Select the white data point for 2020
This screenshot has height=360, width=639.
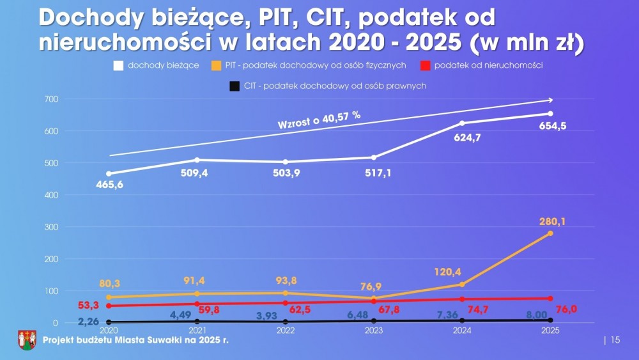[109, 173]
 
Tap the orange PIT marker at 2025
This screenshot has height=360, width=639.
[550, 233]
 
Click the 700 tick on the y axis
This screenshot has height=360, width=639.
[52, 99]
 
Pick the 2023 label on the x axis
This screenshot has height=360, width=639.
[373, 331]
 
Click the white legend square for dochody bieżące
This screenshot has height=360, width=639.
[118, 65]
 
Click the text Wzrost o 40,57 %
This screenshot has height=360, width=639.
[319, 120]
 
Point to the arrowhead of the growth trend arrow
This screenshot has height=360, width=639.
[550, 100]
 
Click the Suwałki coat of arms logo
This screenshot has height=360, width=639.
[27, 340]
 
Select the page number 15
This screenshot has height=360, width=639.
[615, 340]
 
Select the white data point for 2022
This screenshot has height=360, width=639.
[285, 162]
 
